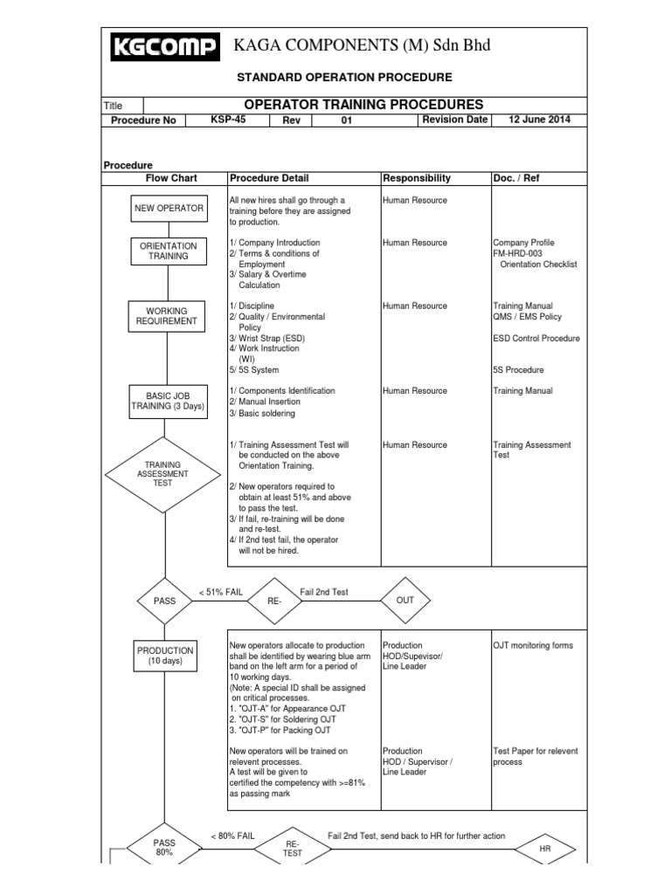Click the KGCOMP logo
[x=165, y=47]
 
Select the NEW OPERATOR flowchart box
[x=169, y=208]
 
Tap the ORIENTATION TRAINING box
[x=169, y=251]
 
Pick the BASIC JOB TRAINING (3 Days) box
[x=169, y=399]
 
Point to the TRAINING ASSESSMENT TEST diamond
[x=163, y=474]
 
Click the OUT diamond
[x=405, y=601]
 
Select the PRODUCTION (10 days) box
[x=165, y=656]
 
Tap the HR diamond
[x=544, y=849]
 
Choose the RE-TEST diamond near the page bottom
[x=292, y=848]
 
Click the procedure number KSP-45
[x=228, y=120]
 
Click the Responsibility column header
[x=417, y=178]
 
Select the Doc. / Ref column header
[x=517, y=178]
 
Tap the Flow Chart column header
[x=171, y=178]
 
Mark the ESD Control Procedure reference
[x=536, y=338]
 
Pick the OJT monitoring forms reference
[x=533, y=646]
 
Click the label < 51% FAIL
[x=220, y=592]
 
